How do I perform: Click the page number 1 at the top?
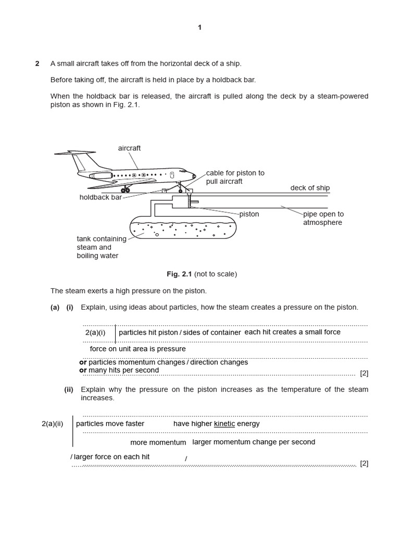pyautogui.click(x=199, y=28)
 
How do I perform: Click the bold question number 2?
pyautogui.click(x=37, y=64)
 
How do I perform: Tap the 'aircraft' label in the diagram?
pyautogui.click(x=129, y=148)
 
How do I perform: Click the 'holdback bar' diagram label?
pyautogui.click(x=101, y=197)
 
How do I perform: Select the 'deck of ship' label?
pyautogui.click(x=310, y=188)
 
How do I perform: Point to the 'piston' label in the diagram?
pyautogui.click(x=249, y=214)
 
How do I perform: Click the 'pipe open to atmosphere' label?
pyautogui.click(x=323, y=218)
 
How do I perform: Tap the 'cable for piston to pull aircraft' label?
pyautogui.click(x=235, y=177)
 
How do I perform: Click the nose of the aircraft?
pyautogui.click(x=193, y=175)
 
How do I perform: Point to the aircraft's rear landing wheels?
pyautogui.click(x=126, y=190)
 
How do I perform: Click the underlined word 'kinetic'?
pyautogui.click(x=224, y=424)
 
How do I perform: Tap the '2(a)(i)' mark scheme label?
pyautogui.click(x=95, y=332)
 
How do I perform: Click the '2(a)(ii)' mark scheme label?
pyautogui.click(x=52, y=424)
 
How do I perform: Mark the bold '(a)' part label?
pyautogui.click(x=55, y=307)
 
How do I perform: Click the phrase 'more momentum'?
pyautogui.click(x=158, y=442)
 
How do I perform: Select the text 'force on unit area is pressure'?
pyautogui.click(x=137, y=349)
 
